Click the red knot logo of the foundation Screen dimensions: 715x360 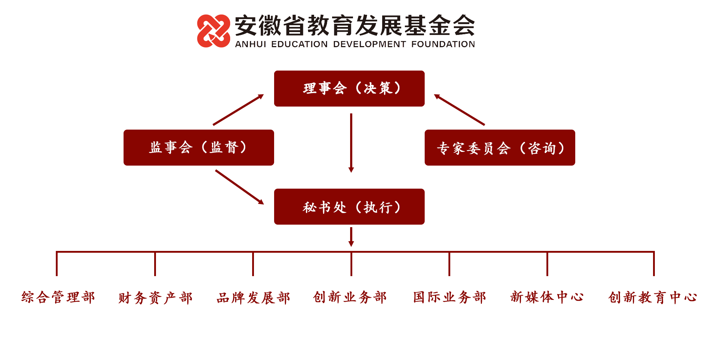[x=214, y=31]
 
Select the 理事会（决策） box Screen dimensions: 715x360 [x=349, y=89]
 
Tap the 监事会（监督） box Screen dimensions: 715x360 [x=198, y=148]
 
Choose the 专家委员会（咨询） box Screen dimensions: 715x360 [x=500, y=148]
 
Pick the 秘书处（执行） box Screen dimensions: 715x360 [x=349, y=207]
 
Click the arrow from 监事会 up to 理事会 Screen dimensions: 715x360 [x=238, y=110]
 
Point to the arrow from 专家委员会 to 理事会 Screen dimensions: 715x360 [x=459, y=110]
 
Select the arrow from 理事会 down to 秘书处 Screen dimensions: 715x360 [x=351, y=143]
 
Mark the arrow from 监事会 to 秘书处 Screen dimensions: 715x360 [x=240, y=187]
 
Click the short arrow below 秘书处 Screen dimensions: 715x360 [x=351, y=237]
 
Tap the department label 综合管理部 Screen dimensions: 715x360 [x=58, y=297]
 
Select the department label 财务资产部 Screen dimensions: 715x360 [x=156, y=298]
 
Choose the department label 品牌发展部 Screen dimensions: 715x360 [x=253, y=298]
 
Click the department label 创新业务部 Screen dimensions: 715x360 [x=350, y=297]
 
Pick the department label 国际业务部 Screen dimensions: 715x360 [x=450, y=297]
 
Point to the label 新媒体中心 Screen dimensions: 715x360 [x=547, y=297]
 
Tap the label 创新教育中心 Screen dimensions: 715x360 [x=653, y=298]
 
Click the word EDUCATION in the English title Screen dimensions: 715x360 [x=299, y=44]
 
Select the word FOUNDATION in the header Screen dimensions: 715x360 [x=443, y=44]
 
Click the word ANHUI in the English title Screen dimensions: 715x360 [x=251, y=44]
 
